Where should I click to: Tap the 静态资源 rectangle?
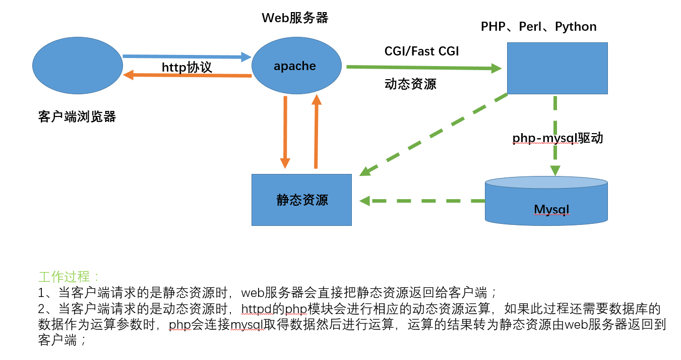[301, 200]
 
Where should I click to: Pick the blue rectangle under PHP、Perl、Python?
[557, 68]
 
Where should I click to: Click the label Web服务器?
[295, 18]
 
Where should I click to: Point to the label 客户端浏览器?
[77, 117]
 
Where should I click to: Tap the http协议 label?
[187, 67]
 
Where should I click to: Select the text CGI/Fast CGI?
[421, 51]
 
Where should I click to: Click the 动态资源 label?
[410, 84]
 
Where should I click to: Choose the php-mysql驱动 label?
[558, 138]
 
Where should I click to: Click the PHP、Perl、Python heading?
[538, 27]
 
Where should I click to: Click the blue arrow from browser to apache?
[187, 56]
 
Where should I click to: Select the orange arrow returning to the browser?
[187, 75]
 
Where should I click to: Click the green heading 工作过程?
[70, 277]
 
